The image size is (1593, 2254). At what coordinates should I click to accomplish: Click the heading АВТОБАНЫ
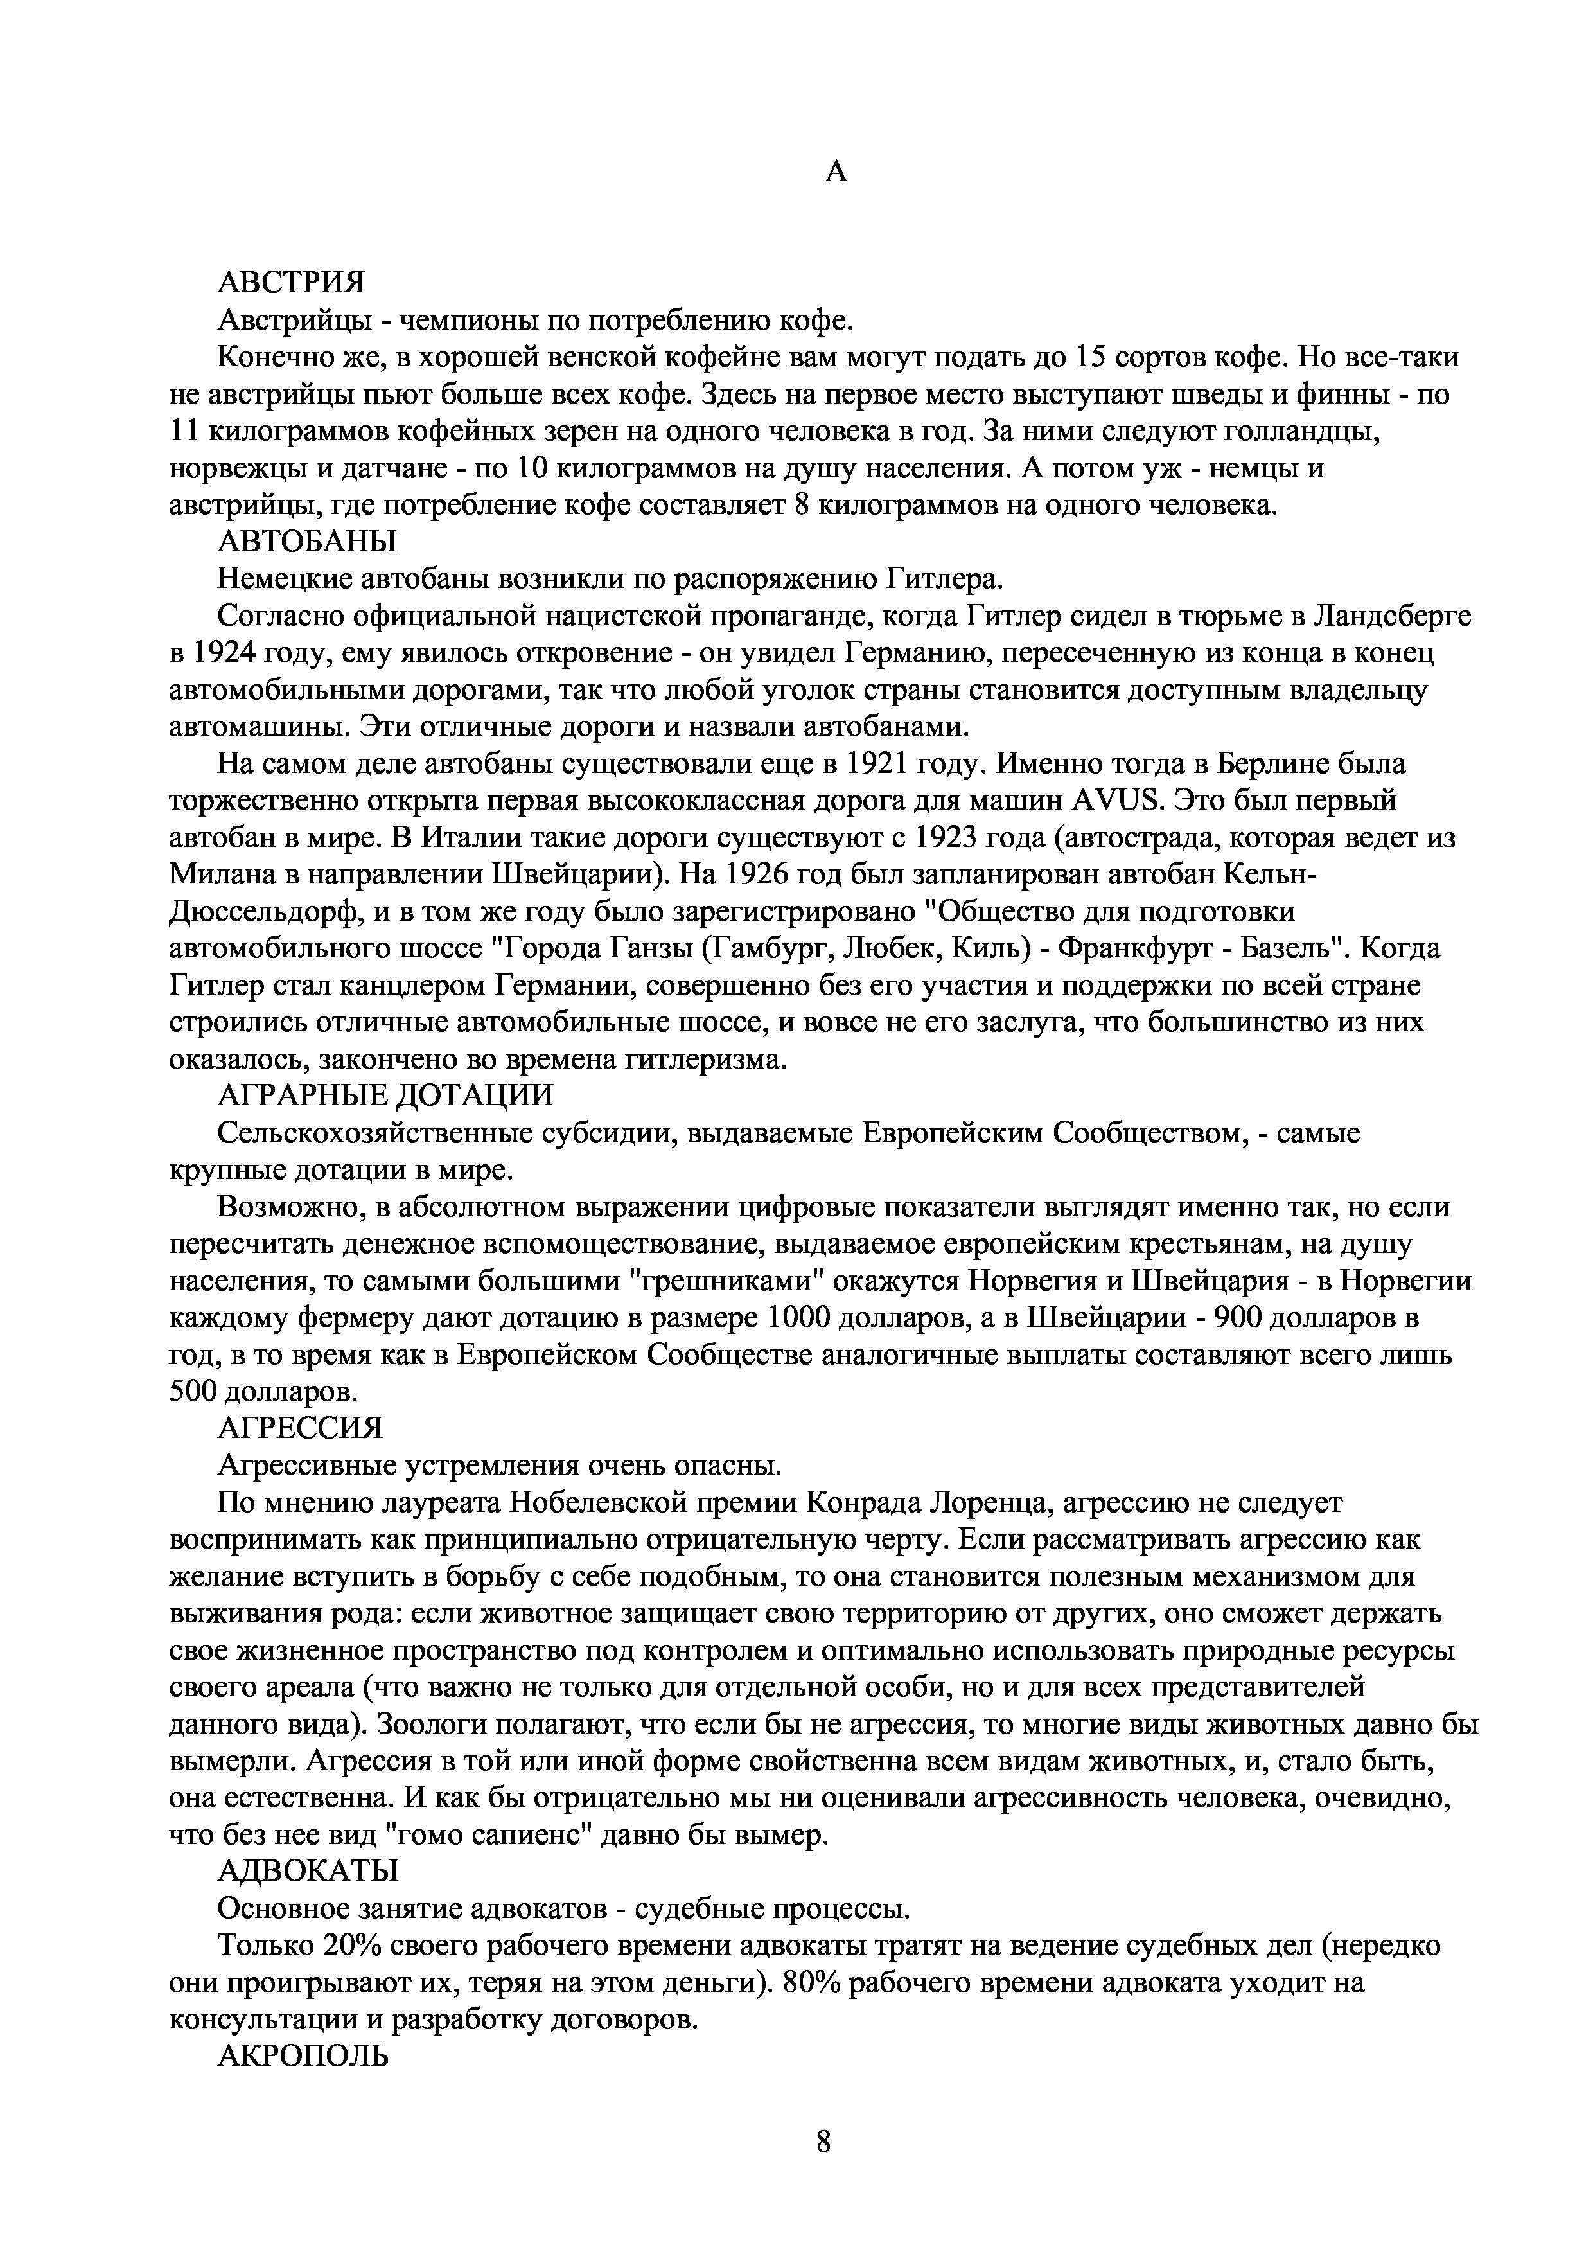tap(307, 541)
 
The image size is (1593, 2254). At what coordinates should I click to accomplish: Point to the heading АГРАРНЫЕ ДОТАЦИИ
tap(386, 1095)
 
